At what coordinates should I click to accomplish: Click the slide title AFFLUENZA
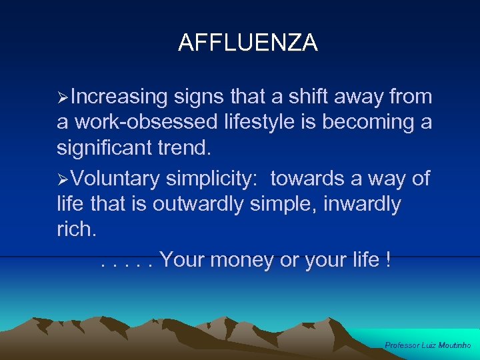[x=248, y=43]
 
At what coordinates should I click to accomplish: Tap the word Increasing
[x=119, y=97]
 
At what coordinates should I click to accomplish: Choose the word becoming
[x=385, y=123]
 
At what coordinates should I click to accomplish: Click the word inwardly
[x=361, y=204]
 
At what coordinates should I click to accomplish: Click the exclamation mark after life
[x=388, y=259]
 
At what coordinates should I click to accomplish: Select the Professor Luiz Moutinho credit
[x=428, y=345]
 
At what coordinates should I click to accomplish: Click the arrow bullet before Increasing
[x=63, y=98]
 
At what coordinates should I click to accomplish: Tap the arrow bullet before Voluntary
[x=63, y=179]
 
